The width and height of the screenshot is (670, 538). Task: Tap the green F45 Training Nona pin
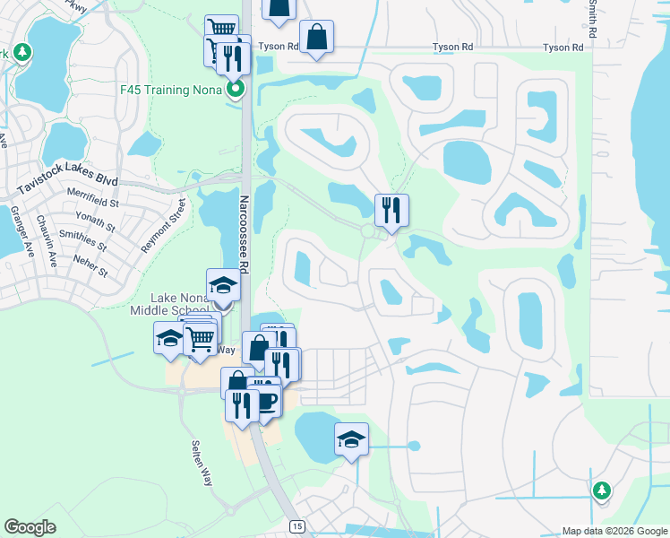tap(236, 89)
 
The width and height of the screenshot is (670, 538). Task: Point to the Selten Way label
tap(202, 462)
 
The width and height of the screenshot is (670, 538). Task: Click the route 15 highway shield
tap(295, 524)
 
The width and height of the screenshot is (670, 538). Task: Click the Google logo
tap(29, 527)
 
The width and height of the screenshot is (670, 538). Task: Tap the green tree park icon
tap(602, 490)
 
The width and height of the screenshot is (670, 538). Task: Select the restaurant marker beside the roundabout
tap(391, 210)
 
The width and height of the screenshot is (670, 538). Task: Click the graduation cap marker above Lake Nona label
tap(224, 286)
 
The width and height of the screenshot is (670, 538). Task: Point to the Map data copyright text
tap(614, 531)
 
